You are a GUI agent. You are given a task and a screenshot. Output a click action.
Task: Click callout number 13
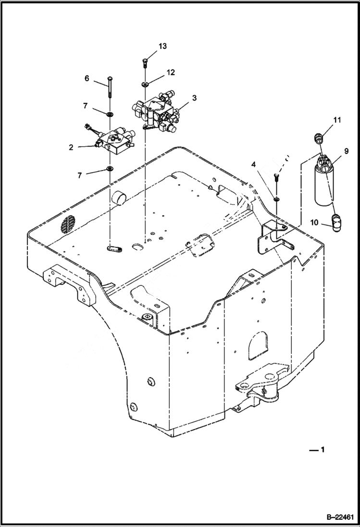(x=162, y=46)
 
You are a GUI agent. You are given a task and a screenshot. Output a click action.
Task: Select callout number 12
(x=171, y=72)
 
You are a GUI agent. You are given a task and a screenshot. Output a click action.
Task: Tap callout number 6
(x=87, y=78)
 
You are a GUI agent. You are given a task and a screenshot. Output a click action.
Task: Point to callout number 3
(x=194, y=98)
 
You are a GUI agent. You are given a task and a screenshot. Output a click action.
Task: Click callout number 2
(x=71, y=147)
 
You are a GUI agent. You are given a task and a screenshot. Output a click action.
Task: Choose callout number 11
(x=337, y=120)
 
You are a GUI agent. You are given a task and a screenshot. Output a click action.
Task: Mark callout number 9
(x=346, y=151)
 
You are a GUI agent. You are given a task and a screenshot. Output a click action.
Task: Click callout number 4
(x=253, y=165)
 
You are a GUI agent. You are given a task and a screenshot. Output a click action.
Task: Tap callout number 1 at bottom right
(x=323, y=450)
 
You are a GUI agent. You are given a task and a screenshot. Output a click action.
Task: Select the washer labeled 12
(x=145, y=85)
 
